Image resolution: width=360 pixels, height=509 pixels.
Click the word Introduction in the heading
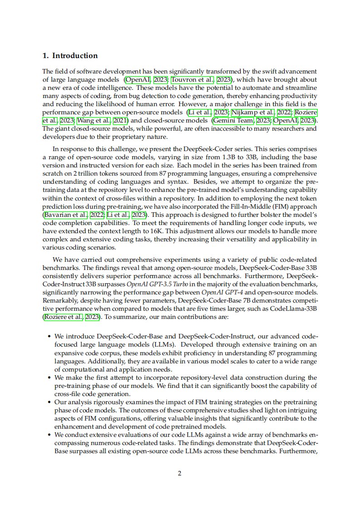click(75, 56)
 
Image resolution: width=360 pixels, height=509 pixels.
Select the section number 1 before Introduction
click(45, 56)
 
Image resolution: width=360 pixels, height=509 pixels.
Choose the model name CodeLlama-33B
click(295, 308)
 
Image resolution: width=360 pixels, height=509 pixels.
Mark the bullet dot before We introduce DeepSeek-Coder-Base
click(49, 338)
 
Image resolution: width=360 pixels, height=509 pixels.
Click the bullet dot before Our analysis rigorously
click(49, 402)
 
